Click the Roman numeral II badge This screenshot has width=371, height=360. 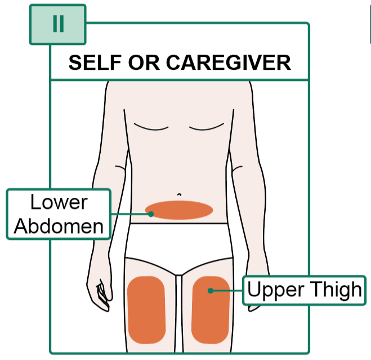[57, 24]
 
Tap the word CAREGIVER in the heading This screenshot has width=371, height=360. [229, 63]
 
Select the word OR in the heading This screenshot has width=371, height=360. [144, 63]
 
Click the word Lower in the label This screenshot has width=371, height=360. [59, 202]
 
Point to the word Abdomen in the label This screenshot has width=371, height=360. [59, 226]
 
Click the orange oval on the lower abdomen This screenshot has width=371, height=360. [179, 210]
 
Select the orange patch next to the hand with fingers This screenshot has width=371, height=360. [146, 309]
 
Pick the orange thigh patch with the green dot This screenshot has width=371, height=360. [211, 310]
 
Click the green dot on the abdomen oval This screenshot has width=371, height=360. [151, 214]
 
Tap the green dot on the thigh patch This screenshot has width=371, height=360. [211, 291]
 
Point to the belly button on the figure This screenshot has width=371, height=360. [180, 195]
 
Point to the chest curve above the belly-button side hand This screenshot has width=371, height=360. [151, 128]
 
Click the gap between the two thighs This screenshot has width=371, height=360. [179, 313]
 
